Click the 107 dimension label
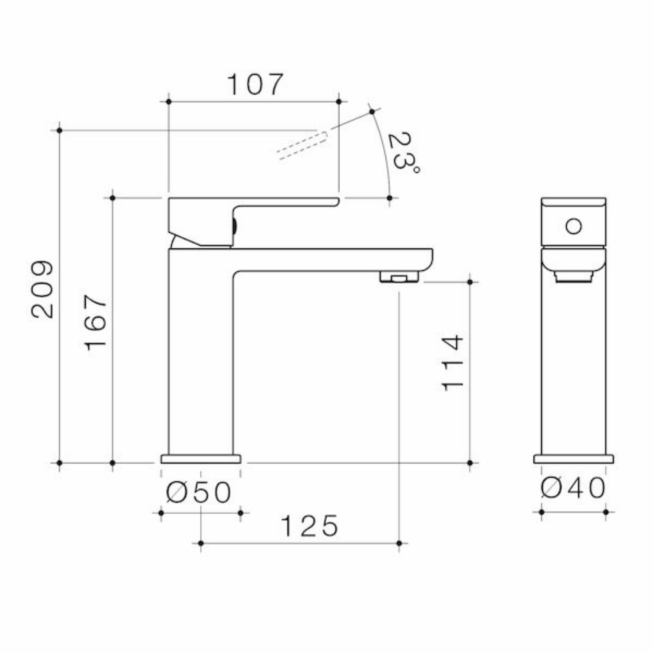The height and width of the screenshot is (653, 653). [x=255, y=84]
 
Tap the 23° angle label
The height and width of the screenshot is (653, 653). [x=403, y=152]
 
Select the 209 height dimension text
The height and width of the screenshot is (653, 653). [x=42, y=289]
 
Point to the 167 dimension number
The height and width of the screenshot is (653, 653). [x=95, y=322]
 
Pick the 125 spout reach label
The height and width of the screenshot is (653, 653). [x=310, y=526]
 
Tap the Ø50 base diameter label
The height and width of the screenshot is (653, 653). [x=198, y=492]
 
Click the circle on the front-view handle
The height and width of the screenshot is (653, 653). [x=573, y=226]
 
